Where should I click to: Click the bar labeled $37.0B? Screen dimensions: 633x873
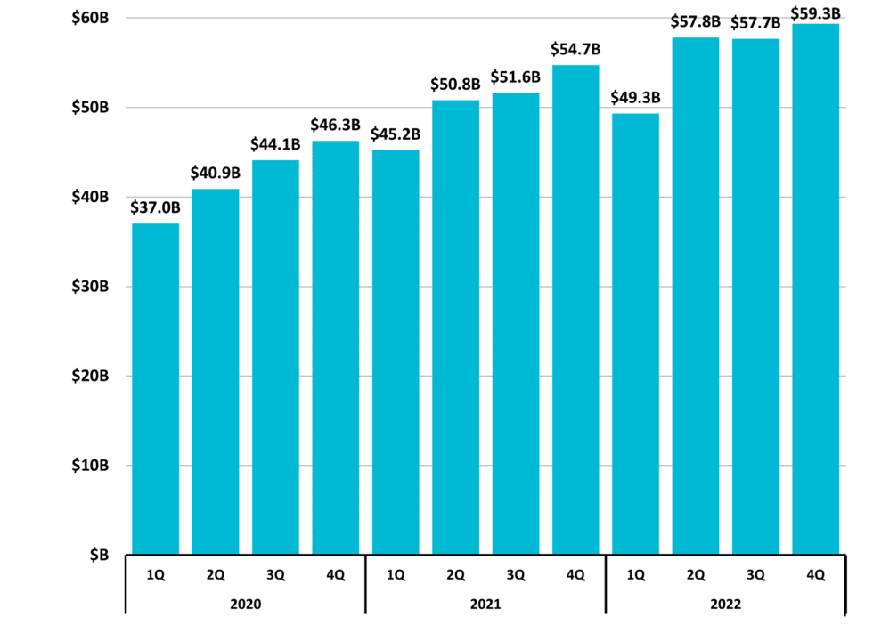click(155, 388)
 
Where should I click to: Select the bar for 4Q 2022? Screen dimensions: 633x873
click(815, 288)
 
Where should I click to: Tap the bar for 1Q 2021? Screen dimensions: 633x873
click(396, 352)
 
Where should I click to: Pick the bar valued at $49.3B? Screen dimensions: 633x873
click(635, 333)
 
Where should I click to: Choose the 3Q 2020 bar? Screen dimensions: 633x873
click(275, 356)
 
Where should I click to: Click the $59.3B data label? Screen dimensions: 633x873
click(815, 12)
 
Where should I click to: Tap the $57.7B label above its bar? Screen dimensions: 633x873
click(755, 23)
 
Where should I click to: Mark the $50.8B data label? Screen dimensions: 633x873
click(455, 85)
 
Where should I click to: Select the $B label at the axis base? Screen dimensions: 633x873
click(98, 555)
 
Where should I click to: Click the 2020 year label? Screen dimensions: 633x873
click(245, 604)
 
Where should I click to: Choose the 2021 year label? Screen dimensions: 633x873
click(485, 604)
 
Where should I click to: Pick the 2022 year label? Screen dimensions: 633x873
click(726, 604)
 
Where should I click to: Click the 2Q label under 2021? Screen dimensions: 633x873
click(455, 575)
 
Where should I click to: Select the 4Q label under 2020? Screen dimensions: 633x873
click(335, 575)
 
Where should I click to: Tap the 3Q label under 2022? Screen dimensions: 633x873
click(755, 575)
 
